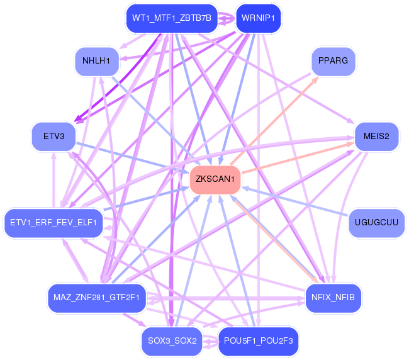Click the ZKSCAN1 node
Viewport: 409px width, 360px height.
click(215, 179)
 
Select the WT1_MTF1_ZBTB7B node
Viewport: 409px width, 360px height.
click(172, 18)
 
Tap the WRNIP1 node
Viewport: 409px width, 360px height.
click(258, 18)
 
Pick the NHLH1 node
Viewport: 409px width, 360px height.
click(97, 61)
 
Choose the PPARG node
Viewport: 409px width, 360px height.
click(333, 61)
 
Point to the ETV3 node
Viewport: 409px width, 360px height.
click(53, 137)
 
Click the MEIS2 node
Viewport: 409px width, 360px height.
click(376, 137)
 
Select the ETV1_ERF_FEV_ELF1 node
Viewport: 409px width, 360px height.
click(53, 223)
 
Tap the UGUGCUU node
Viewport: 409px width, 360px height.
click(376, 223)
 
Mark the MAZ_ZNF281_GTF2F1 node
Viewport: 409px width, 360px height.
click(97, 298)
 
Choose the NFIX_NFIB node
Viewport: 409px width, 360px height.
click(333, 298)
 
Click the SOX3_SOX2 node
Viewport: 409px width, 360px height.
click(172, 341)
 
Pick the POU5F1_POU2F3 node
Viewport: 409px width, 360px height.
click(258, 341)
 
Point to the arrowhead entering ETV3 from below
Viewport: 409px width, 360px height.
click(53, 155)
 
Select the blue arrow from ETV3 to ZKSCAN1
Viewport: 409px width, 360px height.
click(133, 158)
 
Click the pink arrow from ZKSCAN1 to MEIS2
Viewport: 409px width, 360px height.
click(298, 157)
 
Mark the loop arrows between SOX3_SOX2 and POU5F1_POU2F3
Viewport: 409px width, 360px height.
click(210, 341)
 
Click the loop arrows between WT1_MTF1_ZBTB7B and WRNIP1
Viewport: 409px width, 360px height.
click(227, 18)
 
